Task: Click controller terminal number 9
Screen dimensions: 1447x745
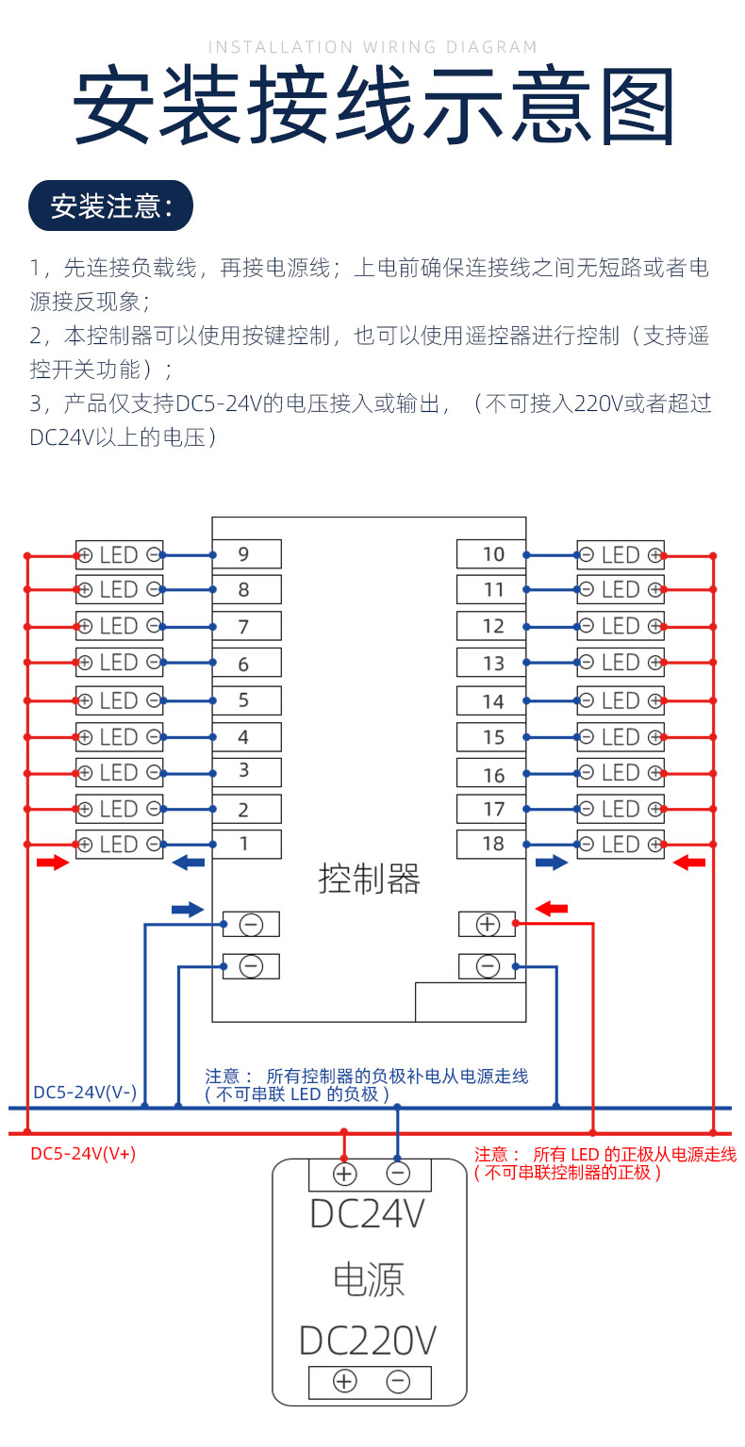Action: point(245,553)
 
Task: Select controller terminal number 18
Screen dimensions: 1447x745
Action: point(491,844)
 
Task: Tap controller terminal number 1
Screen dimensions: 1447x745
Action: point(245,844)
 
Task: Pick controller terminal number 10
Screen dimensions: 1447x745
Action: point(491,553)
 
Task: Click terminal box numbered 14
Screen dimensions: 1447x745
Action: point(491,700)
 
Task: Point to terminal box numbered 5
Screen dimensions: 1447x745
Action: point(245,700)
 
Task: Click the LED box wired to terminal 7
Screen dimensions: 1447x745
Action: point(120,626)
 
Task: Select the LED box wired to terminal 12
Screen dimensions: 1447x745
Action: point(620,626)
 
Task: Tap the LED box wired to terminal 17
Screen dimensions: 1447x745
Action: point(620,809)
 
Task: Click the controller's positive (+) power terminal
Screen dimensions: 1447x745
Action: point(487,925)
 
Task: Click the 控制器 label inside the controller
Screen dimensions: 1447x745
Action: point(369,880)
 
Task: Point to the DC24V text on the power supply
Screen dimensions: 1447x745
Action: point(369,1214)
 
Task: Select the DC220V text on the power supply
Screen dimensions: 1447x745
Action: point(369,1340)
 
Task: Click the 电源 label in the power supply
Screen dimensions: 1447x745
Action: point(369,1278)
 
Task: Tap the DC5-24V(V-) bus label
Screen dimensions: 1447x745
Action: point(85,1093)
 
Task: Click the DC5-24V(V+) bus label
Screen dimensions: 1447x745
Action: point(83,1153)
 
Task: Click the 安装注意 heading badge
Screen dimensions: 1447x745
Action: point(111,206)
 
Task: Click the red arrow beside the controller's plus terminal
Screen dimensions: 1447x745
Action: point(552,909)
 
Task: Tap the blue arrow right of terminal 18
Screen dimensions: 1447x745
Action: point(552,863)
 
